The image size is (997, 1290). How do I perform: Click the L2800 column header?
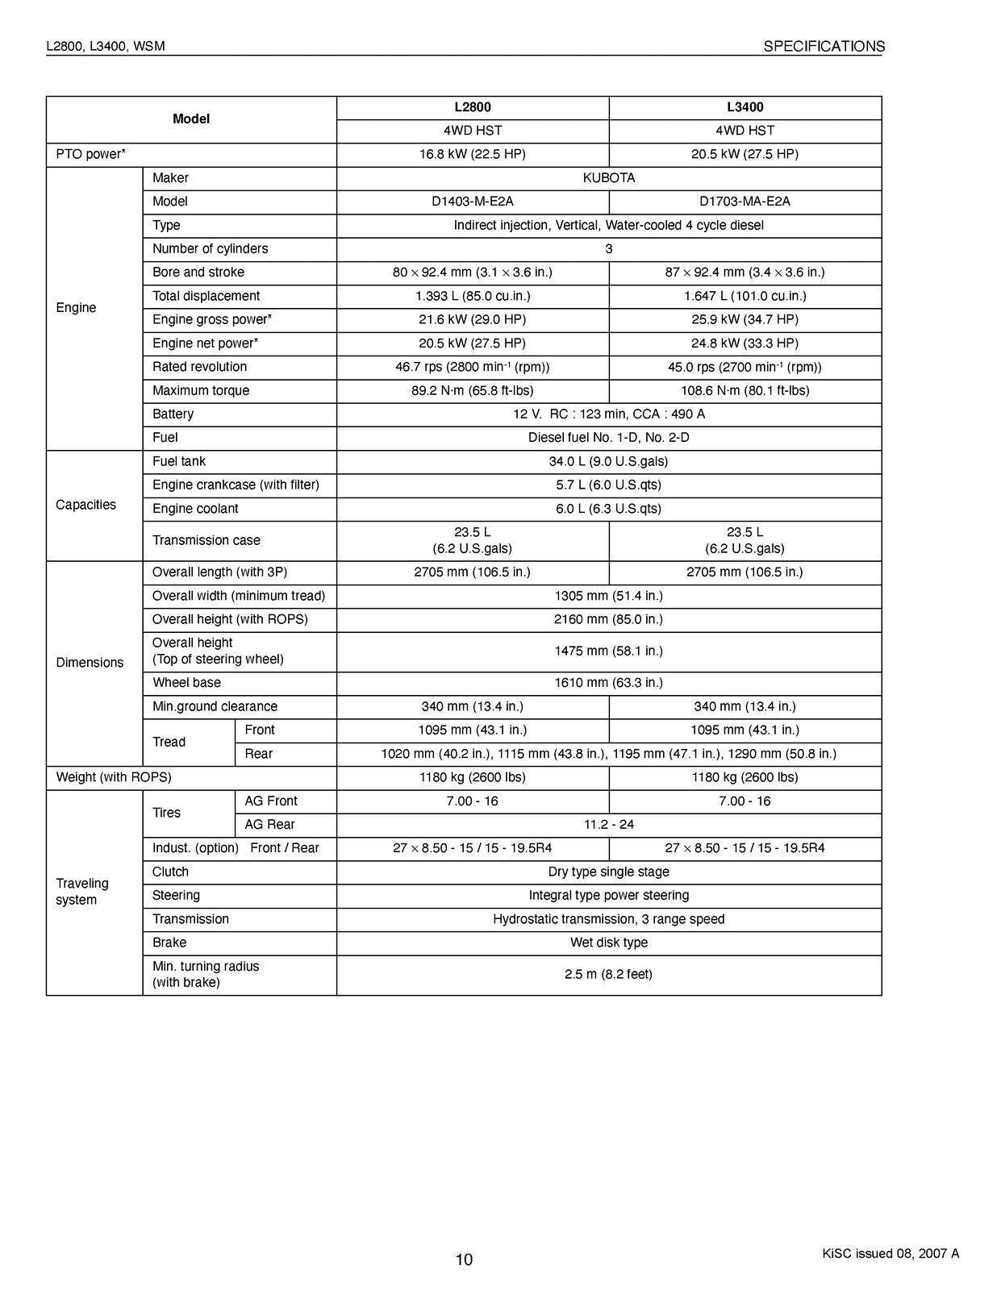pos(472,107)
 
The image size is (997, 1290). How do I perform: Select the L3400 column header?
pos(745,107)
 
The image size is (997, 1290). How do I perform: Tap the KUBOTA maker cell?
pos(608,178)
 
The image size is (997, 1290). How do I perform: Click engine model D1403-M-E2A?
pos(472,202)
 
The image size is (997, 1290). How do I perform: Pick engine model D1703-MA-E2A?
pos(745,202)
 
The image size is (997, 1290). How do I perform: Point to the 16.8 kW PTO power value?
pos(472,154)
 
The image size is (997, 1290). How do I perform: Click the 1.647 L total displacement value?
pos(745,296)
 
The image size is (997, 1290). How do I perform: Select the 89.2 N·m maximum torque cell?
pos(472,391)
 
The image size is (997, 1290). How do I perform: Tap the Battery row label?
pos(173,414)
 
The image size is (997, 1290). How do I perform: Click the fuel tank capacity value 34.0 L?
pos(608,462)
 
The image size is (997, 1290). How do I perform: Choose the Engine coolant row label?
pos(194,509)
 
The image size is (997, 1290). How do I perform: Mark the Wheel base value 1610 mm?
pos(608,683)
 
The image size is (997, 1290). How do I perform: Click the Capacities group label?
pos(86,505)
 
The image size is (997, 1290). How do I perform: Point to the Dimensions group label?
pos(90,663)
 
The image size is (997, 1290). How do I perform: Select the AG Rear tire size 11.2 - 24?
pos(608,825)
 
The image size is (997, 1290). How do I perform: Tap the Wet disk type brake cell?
pos(608,943)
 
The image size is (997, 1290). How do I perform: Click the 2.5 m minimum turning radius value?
pos(608,975)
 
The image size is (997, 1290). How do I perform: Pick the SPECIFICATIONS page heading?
pos(824,47)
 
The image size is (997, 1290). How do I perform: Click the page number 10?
pos(464,1259)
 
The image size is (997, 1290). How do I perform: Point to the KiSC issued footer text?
pos(891,1254)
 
